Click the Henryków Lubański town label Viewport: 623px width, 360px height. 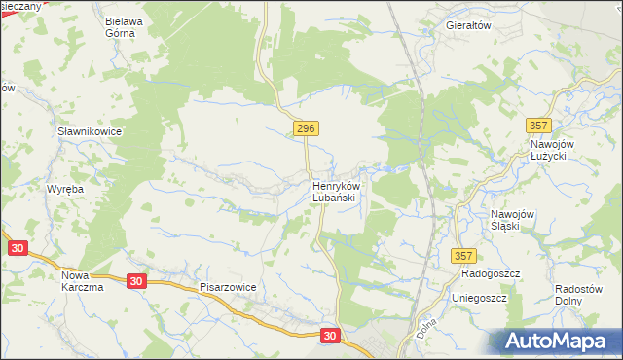(x=338, y=191)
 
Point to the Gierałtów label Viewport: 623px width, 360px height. (x=468, y=25)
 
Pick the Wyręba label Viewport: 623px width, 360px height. (x=68, y=189)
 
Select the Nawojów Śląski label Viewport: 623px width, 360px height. (x=513, y=220)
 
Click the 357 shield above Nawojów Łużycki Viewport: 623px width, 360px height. (x=537, y=126)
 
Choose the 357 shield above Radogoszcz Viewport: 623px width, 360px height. (x=464, y=255)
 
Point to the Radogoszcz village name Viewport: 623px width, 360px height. (x=488, y=274)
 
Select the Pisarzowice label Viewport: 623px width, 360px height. (x=228, y=288)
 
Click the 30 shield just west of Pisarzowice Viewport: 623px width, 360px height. (x=136, y=281)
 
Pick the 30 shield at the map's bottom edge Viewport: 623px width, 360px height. (x=331, y=336)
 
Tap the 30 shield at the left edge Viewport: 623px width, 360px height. (x=17, y=248)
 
